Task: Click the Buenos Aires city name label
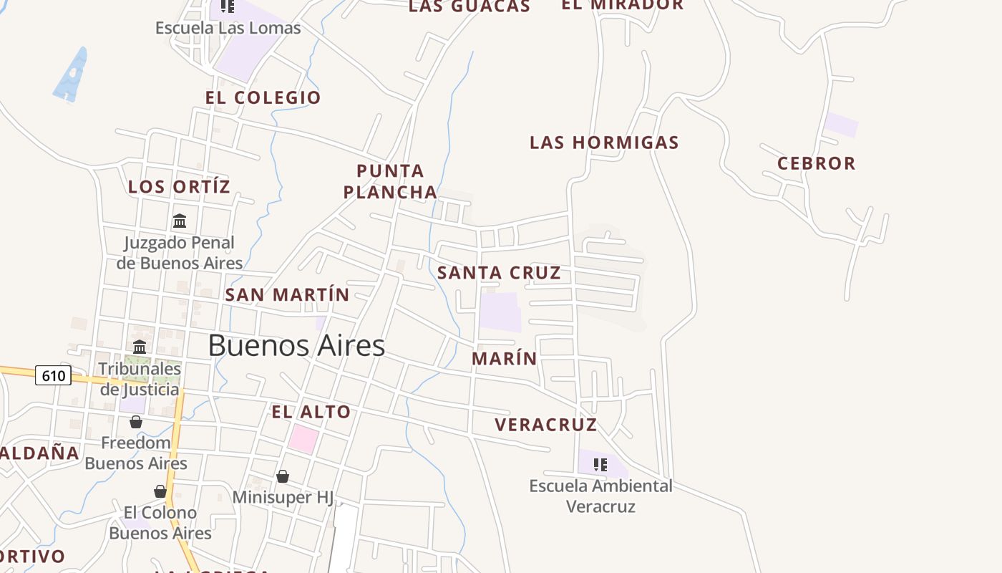click(296, 346)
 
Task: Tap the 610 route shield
click(54, 375)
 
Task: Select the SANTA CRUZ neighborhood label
click(499, 273)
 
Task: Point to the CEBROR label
click(817, 163)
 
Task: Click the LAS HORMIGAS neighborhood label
click(604, 143)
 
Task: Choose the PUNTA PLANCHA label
click(390, 182)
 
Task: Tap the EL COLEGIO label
click(263, 97)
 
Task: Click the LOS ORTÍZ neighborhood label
click(179, 187)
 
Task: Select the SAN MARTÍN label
click(287, 294)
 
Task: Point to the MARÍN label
click(505, 359)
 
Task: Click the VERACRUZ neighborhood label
click(545, 425)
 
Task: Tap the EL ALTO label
click(311, 412)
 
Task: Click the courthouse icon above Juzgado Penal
click(180, 221)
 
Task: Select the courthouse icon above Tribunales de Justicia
click(140, 347)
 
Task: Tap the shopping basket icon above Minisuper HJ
click(283, 476)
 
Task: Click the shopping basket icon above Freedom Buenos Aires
click(136, 422)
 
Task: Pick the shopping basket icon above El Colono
click(160, 491)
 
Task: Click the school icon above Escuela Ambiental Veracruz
click(600, 464)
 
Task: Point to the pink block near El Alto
click(303, 438)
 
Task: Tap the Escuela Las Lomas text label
click(228, 28)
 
